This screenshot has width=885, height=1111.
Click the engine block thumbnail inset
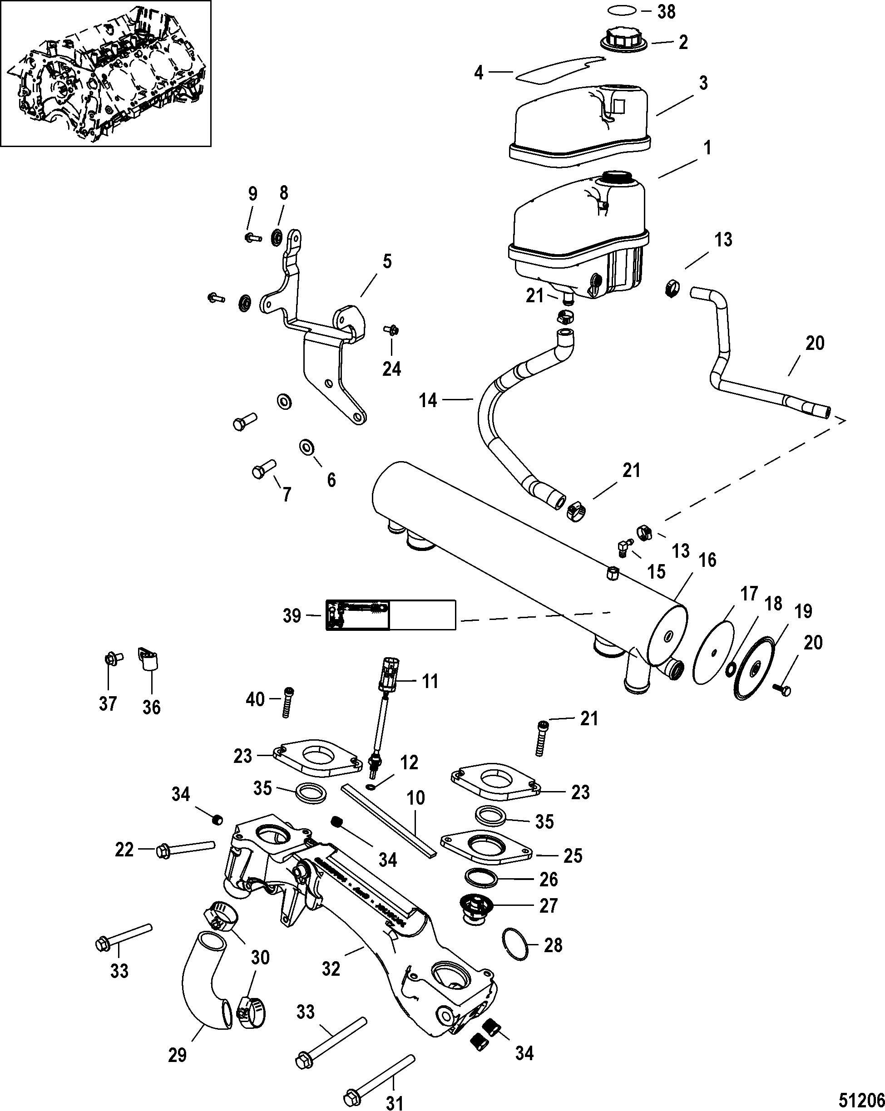[106, 74]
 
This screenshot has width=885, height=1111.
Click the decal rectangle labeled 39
[391, 615]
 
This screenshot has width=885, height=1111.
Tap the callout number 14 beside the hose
[428, 400]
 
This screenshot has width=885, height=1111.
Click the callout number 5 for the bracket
[387, 261]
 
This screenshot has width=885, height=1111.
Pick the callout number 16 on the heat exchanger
[708, 560]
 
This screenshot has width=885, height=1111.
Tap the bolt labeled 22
[186, 849]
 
